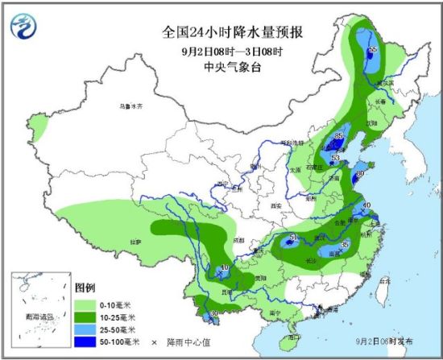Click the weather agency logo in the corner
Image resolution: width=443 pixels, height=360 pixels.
click(x=24, y=26)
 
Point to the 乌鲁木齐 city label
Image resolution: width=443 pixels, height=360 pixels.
click(x=131, y=105)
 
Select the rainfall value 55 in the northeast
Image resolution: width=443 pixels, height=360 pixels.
click(x=372, y=51)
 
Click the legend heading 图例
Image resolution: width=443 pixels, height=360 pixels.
click(x=85, y=288)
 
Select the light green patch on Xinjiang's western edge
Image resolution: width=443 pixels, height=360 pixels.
click(x=37, y=125)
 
